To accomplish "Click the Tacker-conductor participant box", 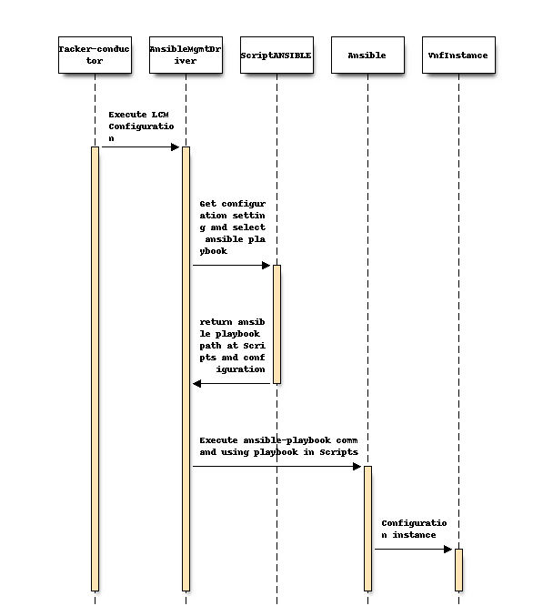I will tap(95, 55).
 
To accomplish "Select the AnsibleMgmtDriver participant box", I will tap(186, 55).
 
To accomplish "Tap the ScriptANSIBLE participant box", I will tap(276, 55).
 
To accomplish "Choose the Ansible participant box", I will tap(367, 55).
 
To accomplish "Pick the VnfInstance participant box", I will tap(458, 55).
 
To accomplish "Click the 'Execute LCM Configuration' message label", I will tap(141, 126).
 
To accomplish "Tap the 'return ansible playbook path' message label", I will tap(233, 346).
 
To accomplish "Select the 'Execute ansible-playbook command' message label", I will tap(278, 446).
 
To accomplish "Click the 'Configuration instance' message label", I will tap(414, 529).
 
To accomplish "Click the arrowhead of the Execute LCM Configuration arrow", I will tap(176, 146).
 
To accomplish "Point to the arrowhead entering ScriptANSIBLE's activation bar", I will tap(267, 266).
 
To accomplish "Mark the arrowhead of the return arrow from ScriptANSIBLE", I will tap(196, 383).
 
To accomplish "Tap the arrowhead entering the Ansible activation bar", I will tap(358, 467).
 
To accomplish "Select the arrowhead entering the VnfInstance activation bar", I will tap(449, 550).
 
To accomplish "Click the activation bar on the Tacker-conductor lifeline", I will tap(95, 369).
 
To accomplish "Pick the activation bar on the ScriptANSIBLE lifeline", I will tap(276, 324).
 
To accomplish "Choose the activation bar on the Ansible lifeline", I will tap(367, 528).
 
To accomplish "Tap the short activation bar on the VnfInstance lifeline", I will tap(458, 570).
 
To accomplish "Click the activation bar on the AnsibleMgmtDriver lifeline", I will tap(186, 369).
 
